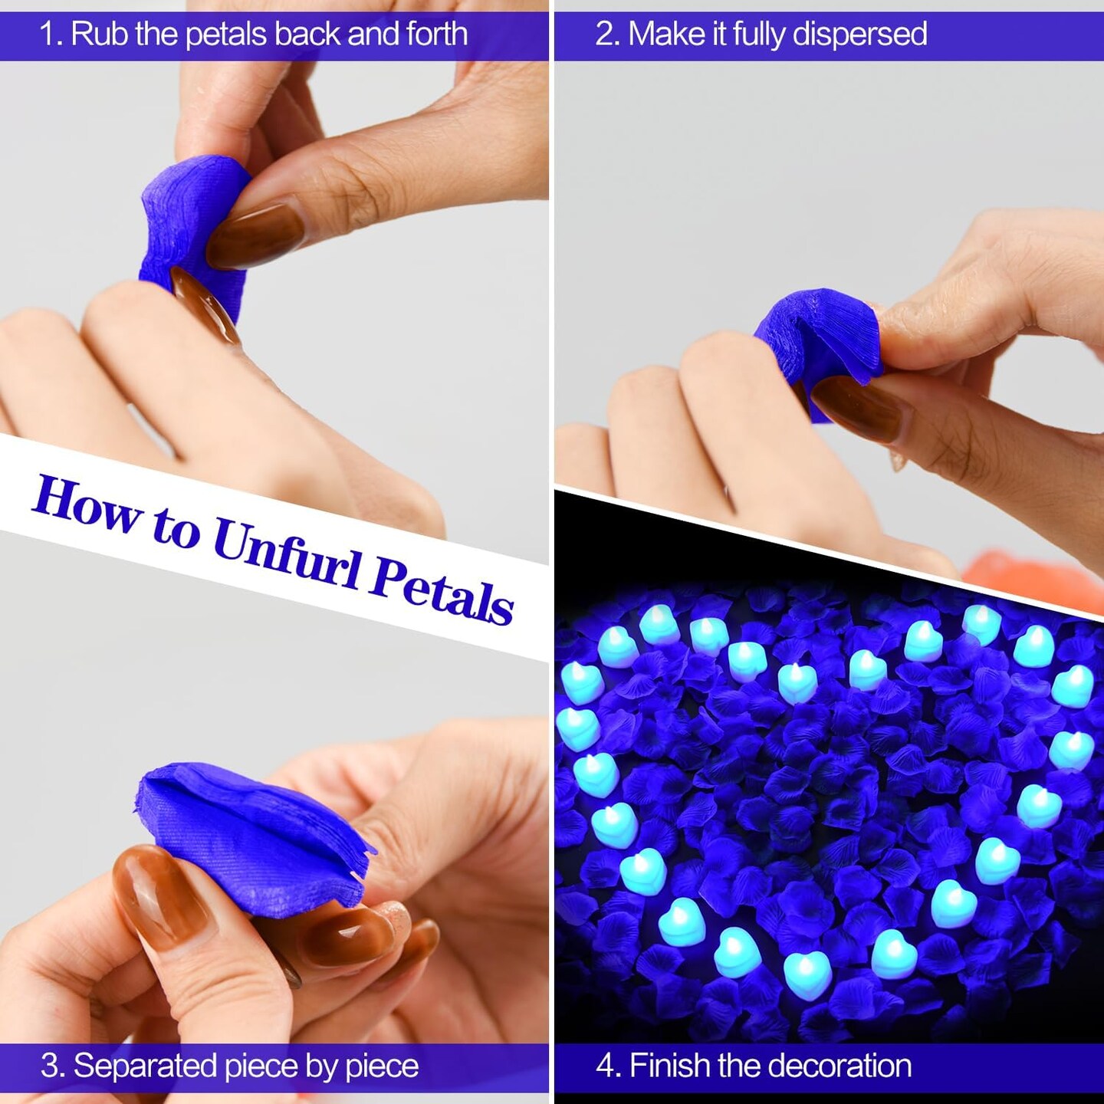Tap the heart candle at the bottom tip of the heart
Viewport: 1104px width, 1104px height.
pyautogui.click(x=807, y=974)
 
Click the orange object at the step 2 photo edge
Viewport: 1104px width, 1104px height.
pyautogui.click(x=1027, y=575)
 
